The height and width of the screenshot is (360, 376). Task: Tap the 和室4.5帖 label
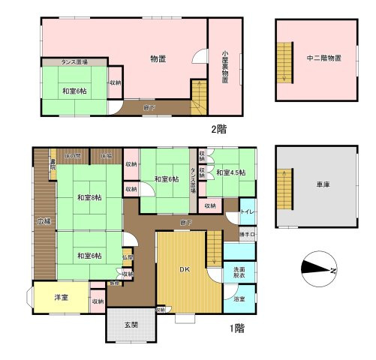[x=230, y=173]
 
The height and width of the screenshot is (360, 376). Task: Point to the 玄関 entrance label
[x=131, y=324]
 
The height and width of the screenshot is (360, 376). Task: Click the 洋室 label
[x=61, y=298]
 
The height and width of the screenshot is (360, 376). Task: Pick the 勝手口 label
[x=247, y=235]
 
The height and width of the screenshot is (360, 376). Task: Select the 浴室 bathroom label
[x=239, y=298]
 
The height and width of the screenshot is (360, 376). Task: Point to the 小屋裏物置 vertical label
[x=224, y=67]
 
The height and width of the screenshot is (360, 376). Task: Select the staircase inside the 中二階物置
[x=284, y=62]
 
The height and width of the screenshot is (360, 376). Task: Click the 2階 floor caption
[x=218, y=128]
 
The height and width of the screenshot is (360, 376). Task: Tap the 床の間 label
[x=73, y=156]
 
